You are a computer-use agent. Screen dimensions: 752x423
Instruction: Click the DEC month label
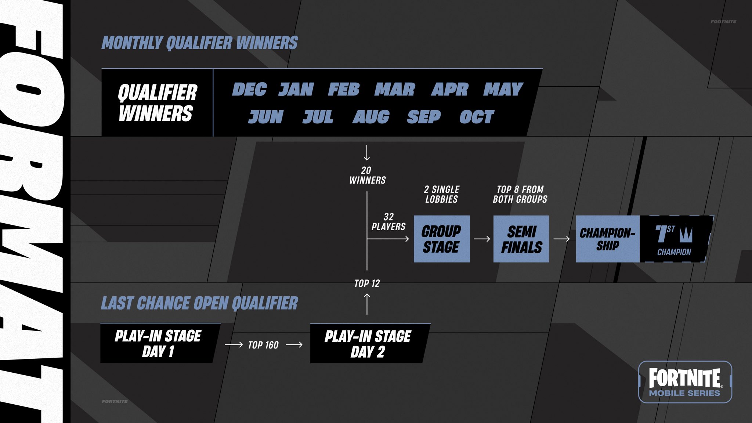tap(249, 89)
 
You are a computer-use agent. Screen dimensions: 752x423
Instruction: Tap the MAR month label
tap(395, 89)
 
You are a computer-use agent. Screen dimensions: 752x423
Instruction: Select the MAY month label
tap(503, 89)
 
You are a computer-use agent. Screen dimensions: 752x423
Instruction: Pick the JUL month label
tap(318, 117)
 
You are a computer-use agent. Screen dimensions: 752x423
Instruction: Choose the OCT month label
tap(477, 117)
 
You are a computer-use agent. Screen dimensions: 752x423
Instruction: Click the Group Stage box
tap(442, 239)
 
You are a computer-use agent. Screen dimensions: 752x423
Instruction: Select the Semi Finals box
tap(521, 239)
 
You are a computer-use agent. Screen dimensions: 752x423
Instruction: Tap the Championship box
tap(608, 239)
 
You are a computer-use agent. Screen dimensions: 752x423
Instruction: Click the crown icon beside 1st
tap(686, 234)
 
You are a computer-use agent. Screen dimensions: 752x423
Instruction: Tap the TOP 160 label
tap(263, 345)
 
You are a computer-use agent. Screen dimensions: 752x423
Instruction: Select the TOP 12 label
tap(367, 283)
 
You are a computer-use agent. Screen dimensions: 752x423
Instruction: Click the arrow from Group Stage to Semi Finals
tap(482, 239)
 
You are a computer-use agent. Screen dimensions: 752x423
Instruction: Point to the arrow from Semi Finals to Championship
tap(561, 239)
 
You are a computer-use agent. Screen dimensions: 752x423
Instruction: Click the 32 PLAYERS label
tap(388, 222)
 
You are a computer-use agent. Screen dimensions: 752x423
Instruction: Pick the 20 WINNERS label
tap(367, 175)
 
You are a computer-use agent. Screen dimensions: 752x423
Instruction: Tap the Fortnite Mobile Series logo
tap(685, 382)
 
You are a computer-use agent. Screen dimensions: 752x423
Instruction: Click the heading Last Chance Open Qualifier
tap(199, 303)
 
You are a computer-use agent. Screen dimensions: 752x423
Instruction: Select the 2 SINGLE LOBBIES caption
tap(442, 194)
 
